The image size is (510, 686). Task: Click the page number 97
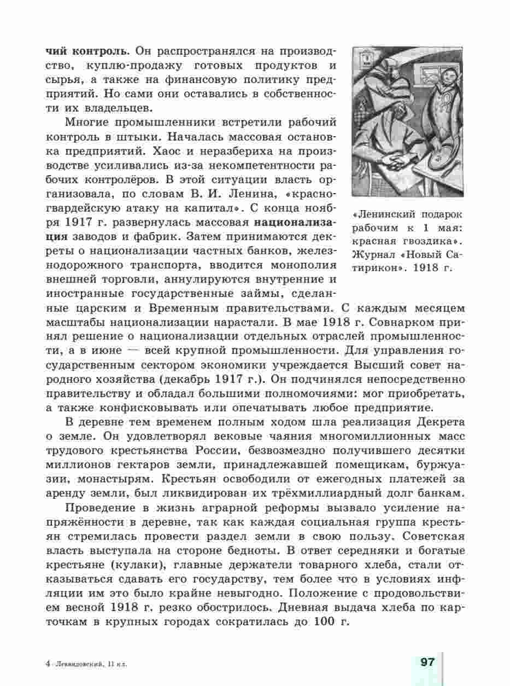point(427,662)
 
